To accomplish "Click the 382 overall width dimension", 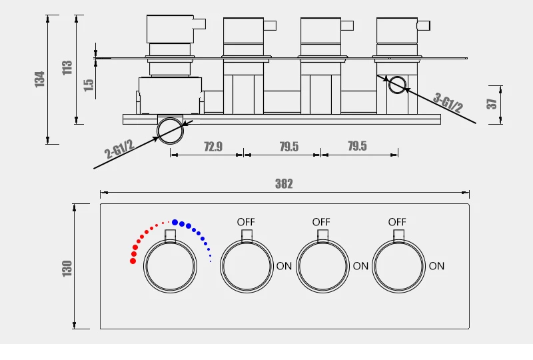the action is [x=284, y=184].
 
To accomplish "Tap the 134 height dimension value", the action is [x=40, y=79].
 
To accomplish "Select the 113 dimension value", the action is [x=67, y=67].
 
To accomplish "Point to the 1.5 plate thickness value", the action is [x=89, y=85].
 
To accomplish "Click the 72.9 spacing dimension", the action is [x=213, y=147].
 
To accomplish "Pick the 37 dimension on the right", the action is [x=492, y=104].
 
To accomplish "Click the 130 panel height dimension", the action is [x=67, y=269].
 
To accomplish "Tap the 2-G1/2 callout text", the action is [x=119, y=149].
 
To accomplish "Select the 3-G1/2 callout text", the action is [x=448, y=103].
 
